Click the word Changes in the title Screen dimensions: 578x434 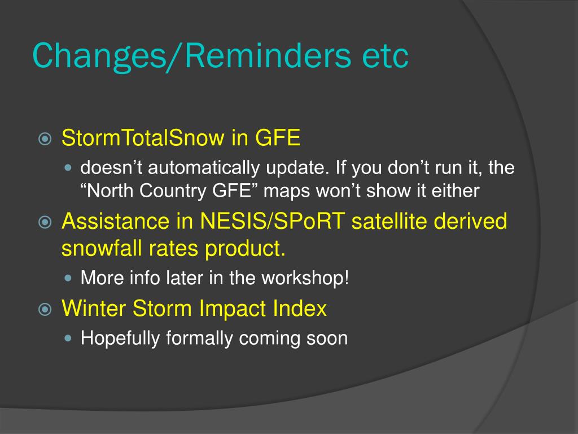(100, 56)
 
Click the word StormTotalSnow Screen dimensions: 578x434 (143, 138)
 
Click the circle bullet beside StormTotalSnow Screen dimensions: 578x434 (45, 139)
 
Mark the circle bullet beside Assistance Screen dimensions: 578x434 (45, 222)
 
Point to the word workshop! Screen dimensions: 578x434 (305, 278)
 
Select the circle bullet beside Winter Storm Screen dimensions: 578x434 (45, 309)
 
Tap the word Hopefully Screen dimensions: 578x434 (120, 338)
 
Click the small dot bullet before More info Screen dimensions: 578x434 (68, 278)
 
